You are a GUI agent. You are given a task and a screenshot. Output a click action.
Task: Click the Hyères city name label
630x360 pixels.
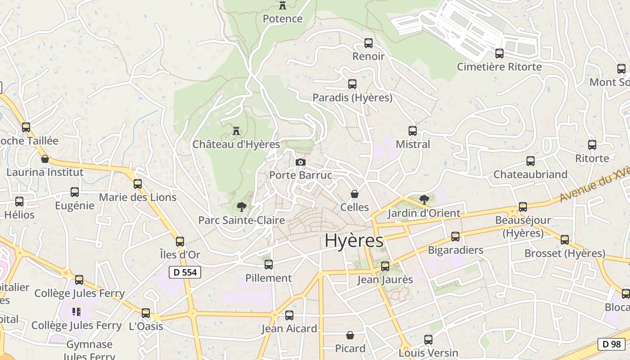(x=354, y=241)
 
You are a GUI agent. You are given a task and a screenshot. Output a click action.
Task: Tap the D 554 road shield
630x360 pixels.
(x=185, y=272)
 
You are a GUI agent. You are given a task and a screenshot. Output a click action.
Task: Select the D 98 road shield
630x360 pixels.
(x=612, y=344)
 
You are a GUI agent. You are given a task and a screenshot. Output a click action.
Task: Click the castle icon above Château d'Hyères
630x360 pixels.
(x=236, y=131)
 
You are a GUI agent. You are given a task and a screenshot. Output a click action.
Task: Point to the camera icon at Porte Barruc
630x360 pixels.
(x=301, y=162)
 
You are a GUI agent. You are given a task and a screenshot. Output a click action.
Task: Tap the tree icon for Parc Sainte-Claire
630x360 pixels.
(x=241, y=207)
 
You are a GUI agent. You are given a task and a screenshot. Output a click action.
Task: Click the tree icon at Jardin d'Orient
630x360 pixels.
(x=424, y=199)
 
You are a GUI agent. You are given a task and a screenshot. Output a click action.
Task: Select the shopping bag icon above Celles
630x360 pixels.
(x=355, y=194)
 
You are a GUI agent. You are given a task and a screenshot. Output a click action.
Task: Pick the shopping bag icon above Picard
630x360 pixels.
(x=350, y=335)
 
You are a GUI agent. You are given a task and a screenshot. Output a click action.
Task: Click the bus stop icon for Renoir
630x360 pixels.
(x=369, y=43)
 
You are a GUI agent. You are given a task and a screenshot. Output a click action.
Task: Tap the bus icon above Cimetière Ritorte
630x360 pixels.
(x=499, y=54)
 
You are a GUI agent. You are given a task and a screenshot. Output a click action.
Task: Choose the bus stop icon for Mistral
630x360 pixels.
(x=413, y=131)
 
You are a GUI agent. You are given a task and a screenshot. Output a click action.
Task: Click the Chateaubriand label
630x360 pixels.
(x=531, y=174)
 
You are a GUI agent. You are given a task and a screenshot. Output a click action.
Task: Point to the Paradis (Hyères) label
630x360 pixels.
(x=352, y=97)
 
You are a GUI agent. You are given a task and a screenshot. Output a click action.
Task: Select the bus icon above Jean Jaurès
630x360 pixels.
(x=385, y=266)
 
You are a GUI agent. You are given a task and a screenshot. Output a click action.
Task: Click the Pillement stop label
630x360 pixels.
(x=269, y=278)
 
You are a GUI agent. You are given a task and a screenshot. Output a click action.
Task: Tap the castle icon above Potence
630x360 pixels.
(x=283, y=5)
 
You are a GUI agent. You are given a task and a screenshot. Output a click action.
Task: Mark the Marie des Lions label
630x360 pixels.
(x=138, y=197)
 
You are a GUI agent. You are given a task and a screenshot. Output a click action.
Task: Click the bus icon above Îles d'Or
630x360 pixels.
(x=180, y=242)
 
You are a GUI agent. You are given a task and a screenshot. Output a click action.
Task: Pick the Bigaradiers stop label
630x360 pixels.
(x=455, y=250)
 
